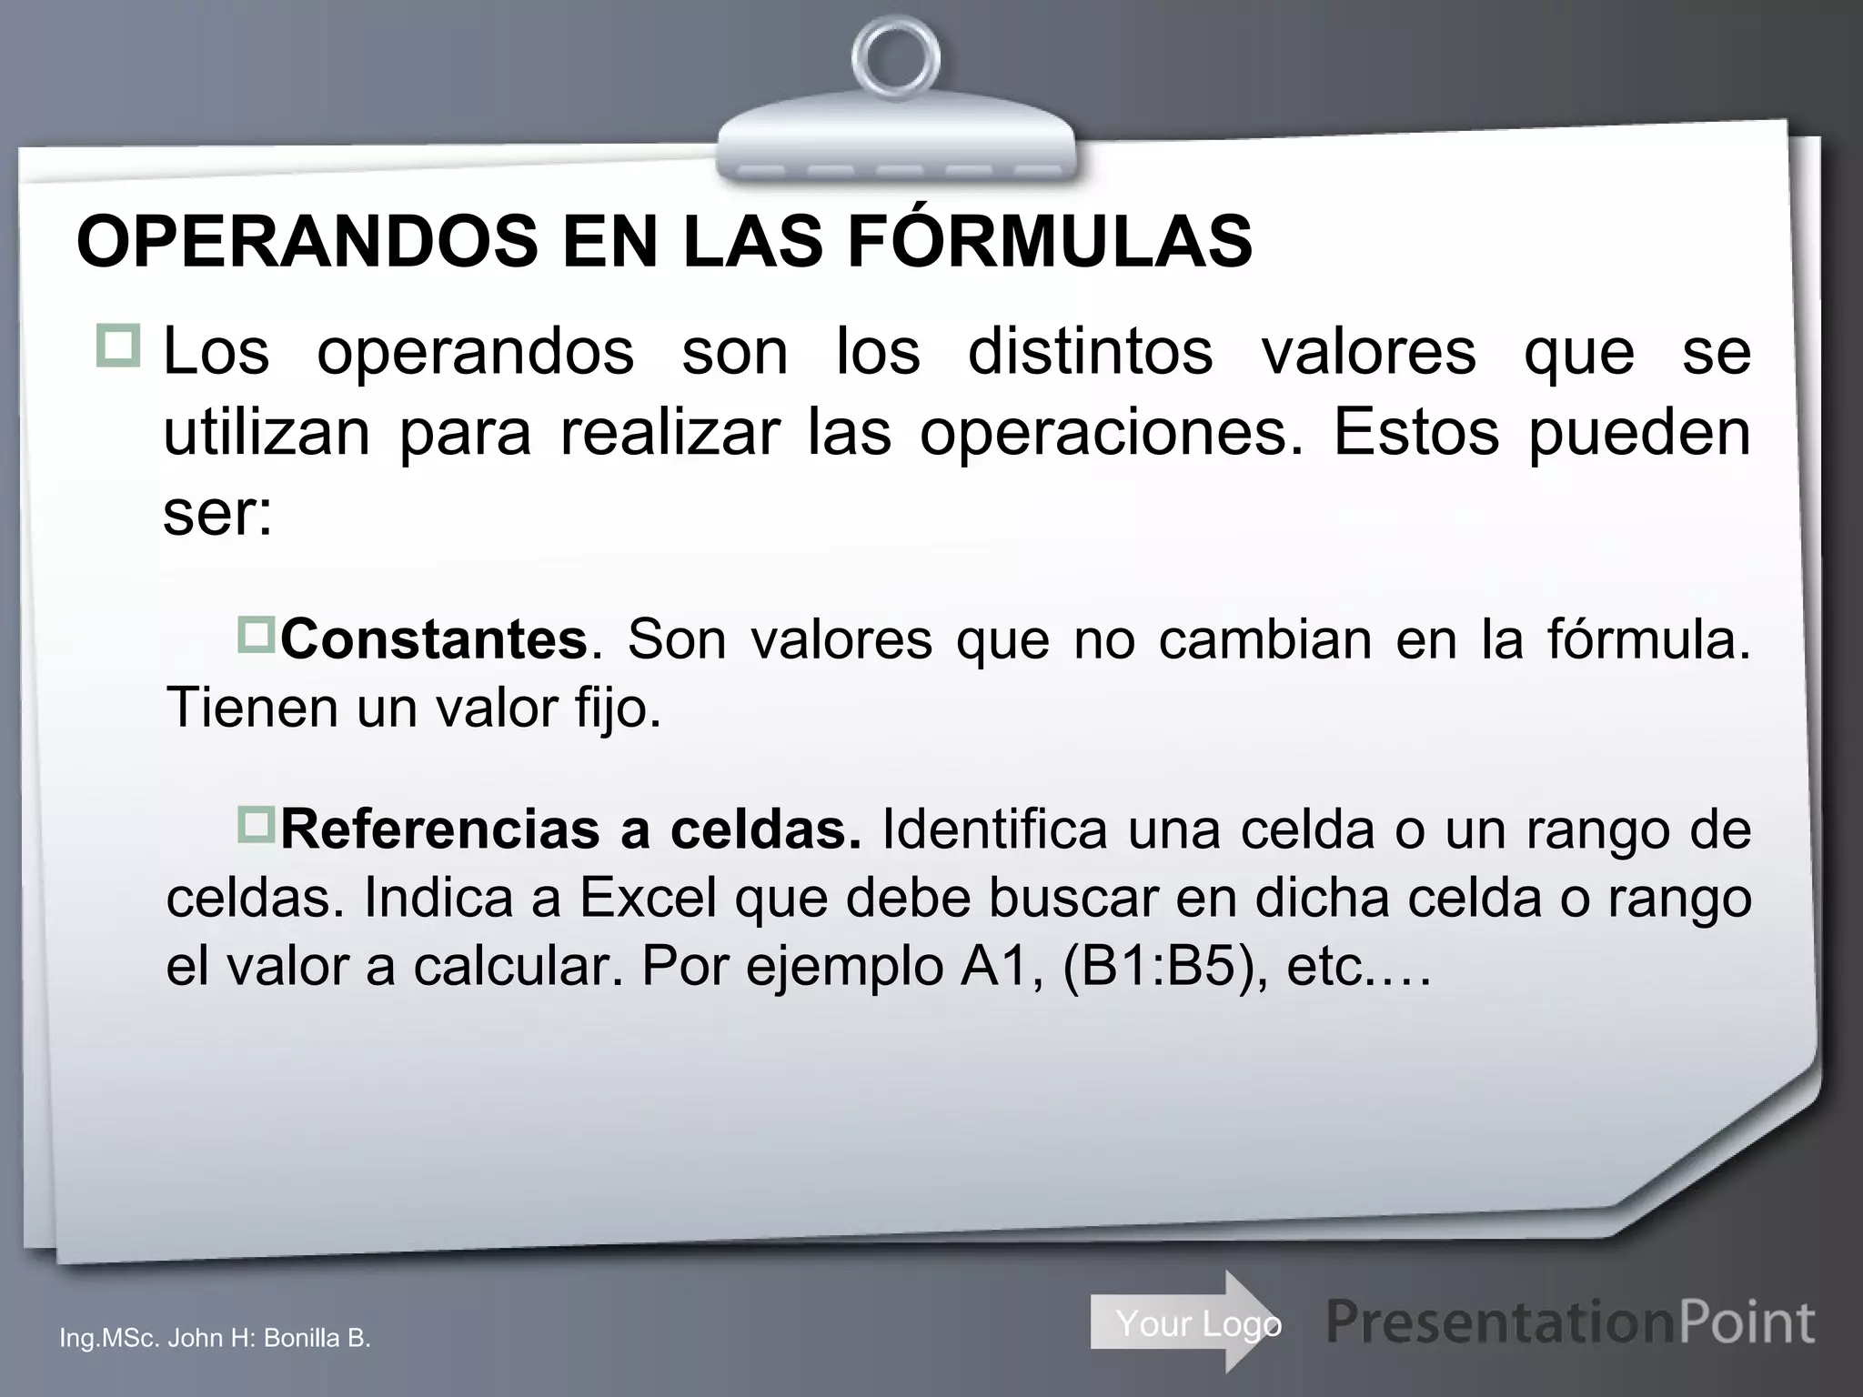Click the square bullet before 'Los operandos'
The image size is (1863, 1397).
point(117,346)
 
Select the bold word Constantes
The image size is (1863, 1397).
point(434,639)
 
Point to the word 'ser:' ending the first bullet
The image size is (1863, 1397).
point(217,515)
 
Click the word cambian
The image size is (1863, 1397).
point(1264,639)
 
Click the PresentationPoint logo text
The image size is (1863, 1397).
point(1570,1322)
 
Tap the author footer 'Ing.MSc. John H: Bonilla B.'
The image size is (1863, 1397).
point(215,1338)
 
